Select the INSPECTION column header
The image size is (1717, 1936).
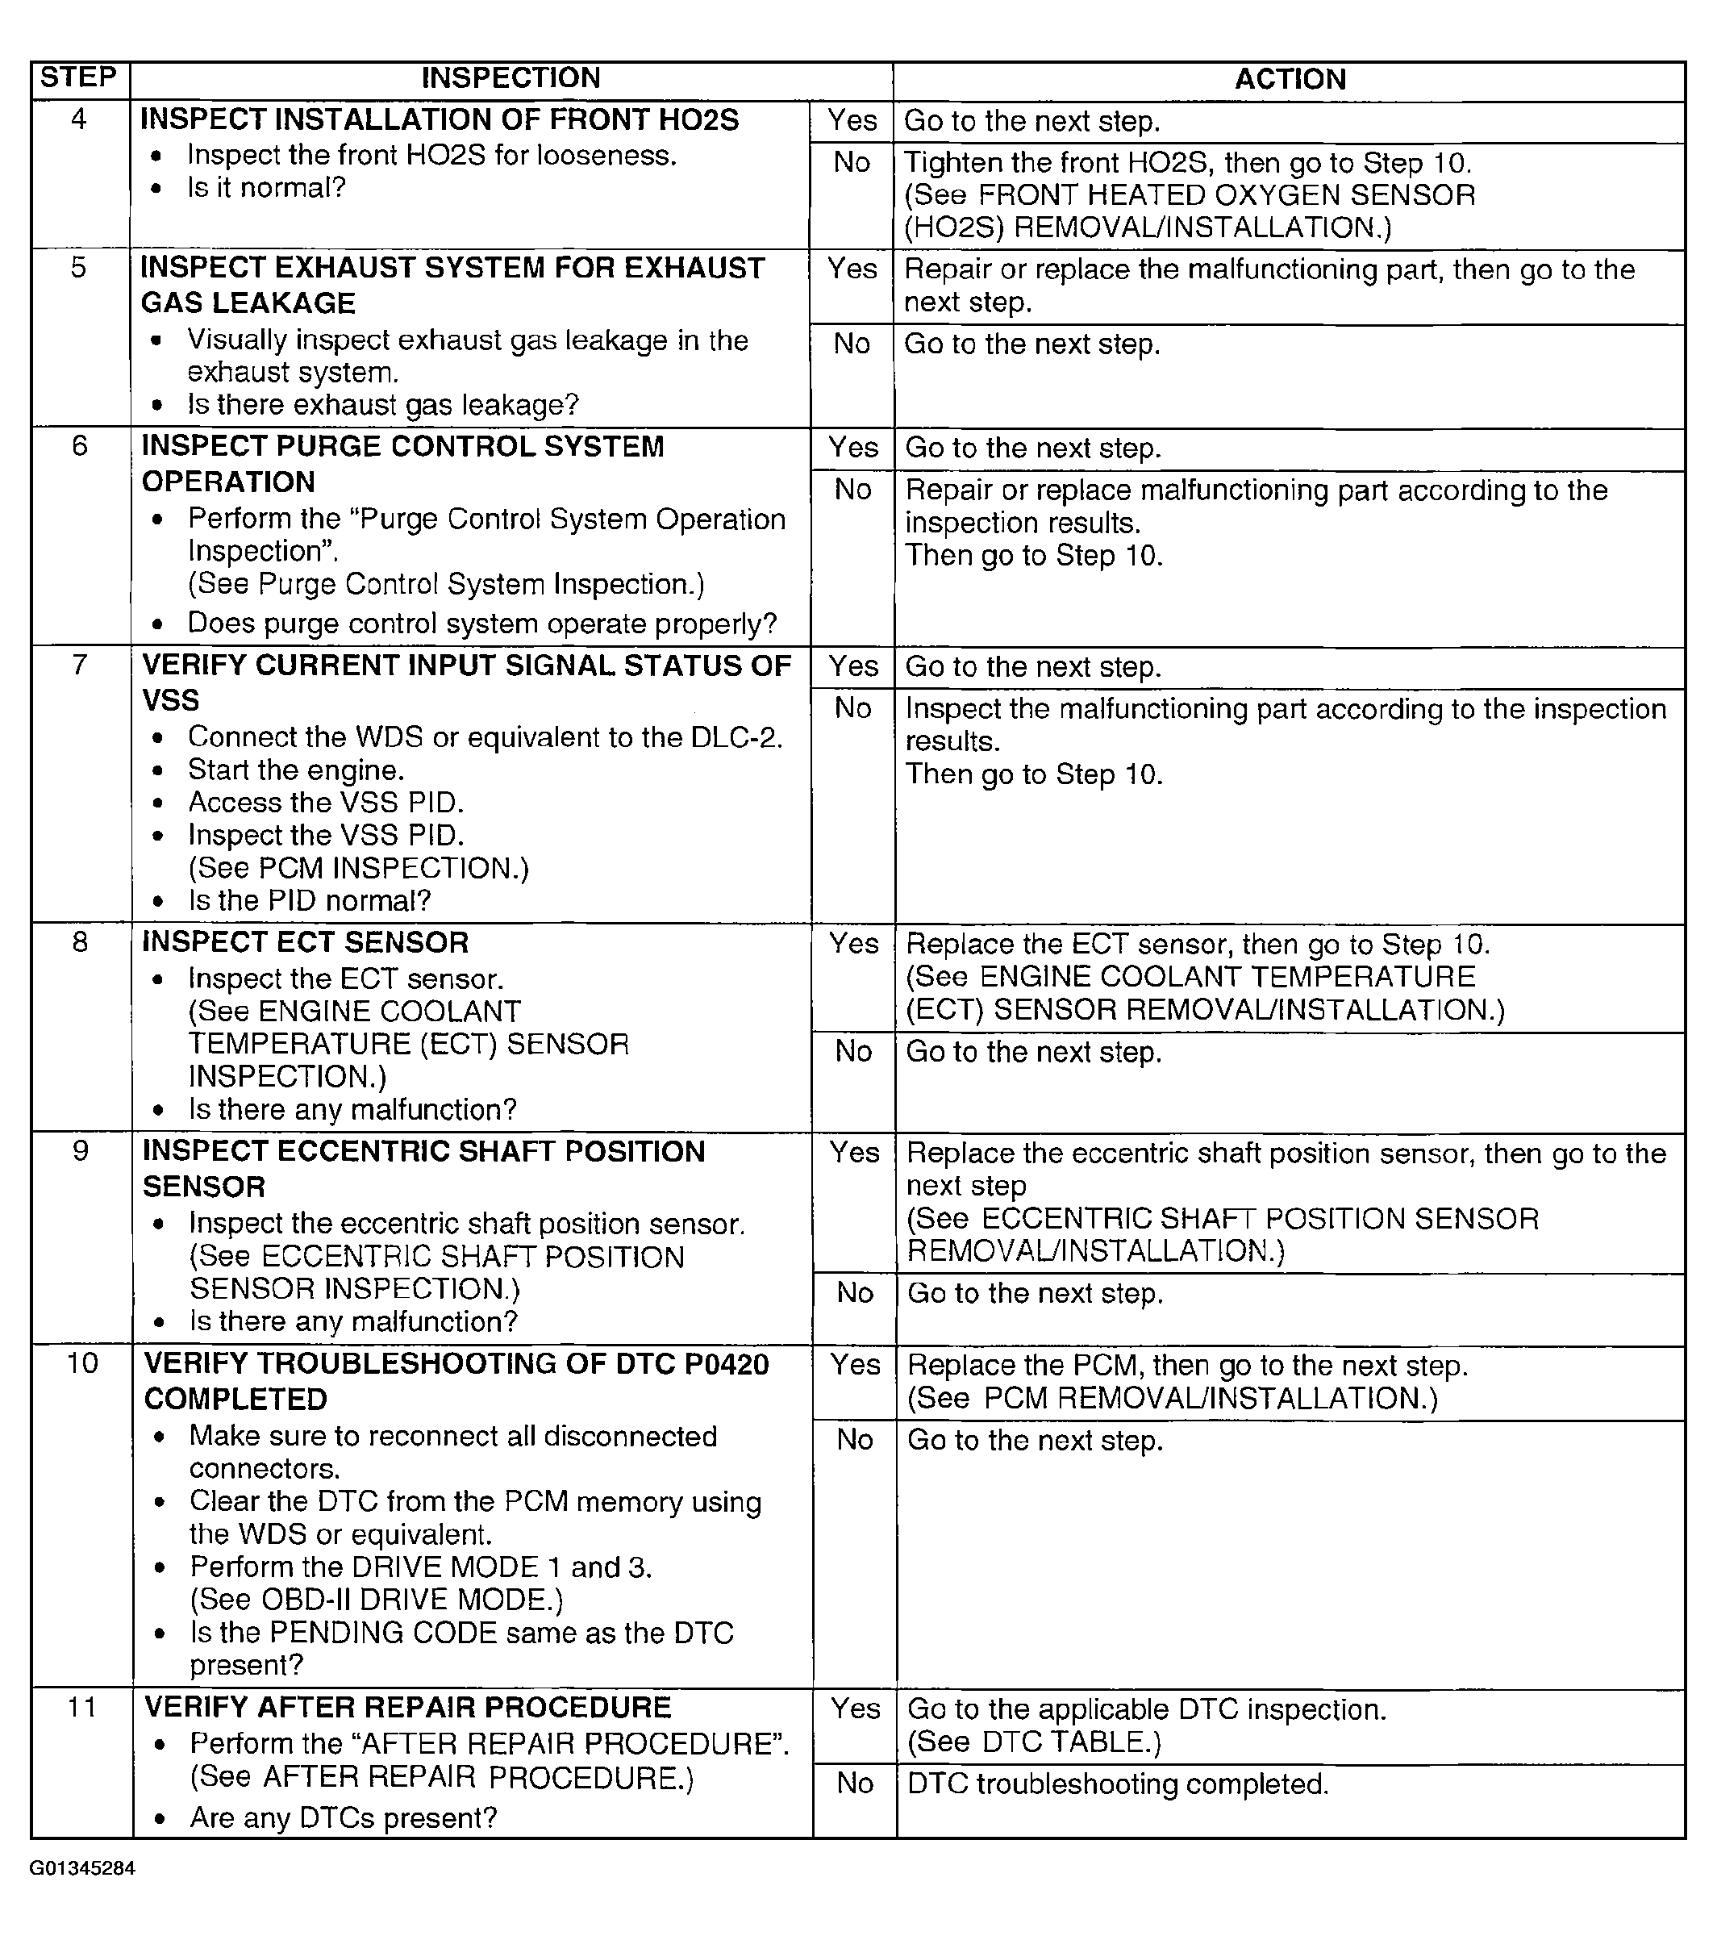coord(511,77)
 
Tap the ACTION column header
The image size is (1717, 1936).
coord(1290,78)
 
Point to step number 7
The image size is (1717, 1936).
coord(80,665)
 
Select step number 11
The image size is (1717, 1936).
coord(81,1707)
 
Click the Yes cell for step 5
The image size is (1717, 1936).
coord(852,269)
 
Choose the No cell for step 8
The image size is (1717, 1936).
coord(853,1051)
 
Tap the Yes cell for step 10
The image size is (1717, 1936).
coord(854,1365)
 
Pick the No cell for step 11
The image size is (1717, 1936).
coord(854,1784)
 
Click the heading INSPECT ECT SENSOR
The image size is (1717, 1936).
coord(305,942)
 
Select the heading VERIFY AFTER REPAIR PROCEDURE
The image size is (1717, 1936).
coord(407,1707)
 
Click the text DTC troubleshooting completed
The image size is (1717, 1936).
coord(1118,1784)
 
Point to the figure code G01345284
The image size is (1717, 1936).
coord(82,1869)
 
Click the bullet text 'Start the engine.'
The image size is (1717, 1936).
coord(295,770)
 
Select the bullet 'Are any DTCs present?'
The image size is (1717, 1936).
coord(343,1817)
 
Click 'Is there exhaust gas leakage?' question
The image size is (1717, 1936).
coord(382,406)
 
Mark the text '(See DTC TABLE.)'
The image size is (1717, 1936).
coord(1033,1742)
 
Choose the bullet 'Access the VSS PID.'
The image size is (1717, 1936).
coord(326,803)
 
